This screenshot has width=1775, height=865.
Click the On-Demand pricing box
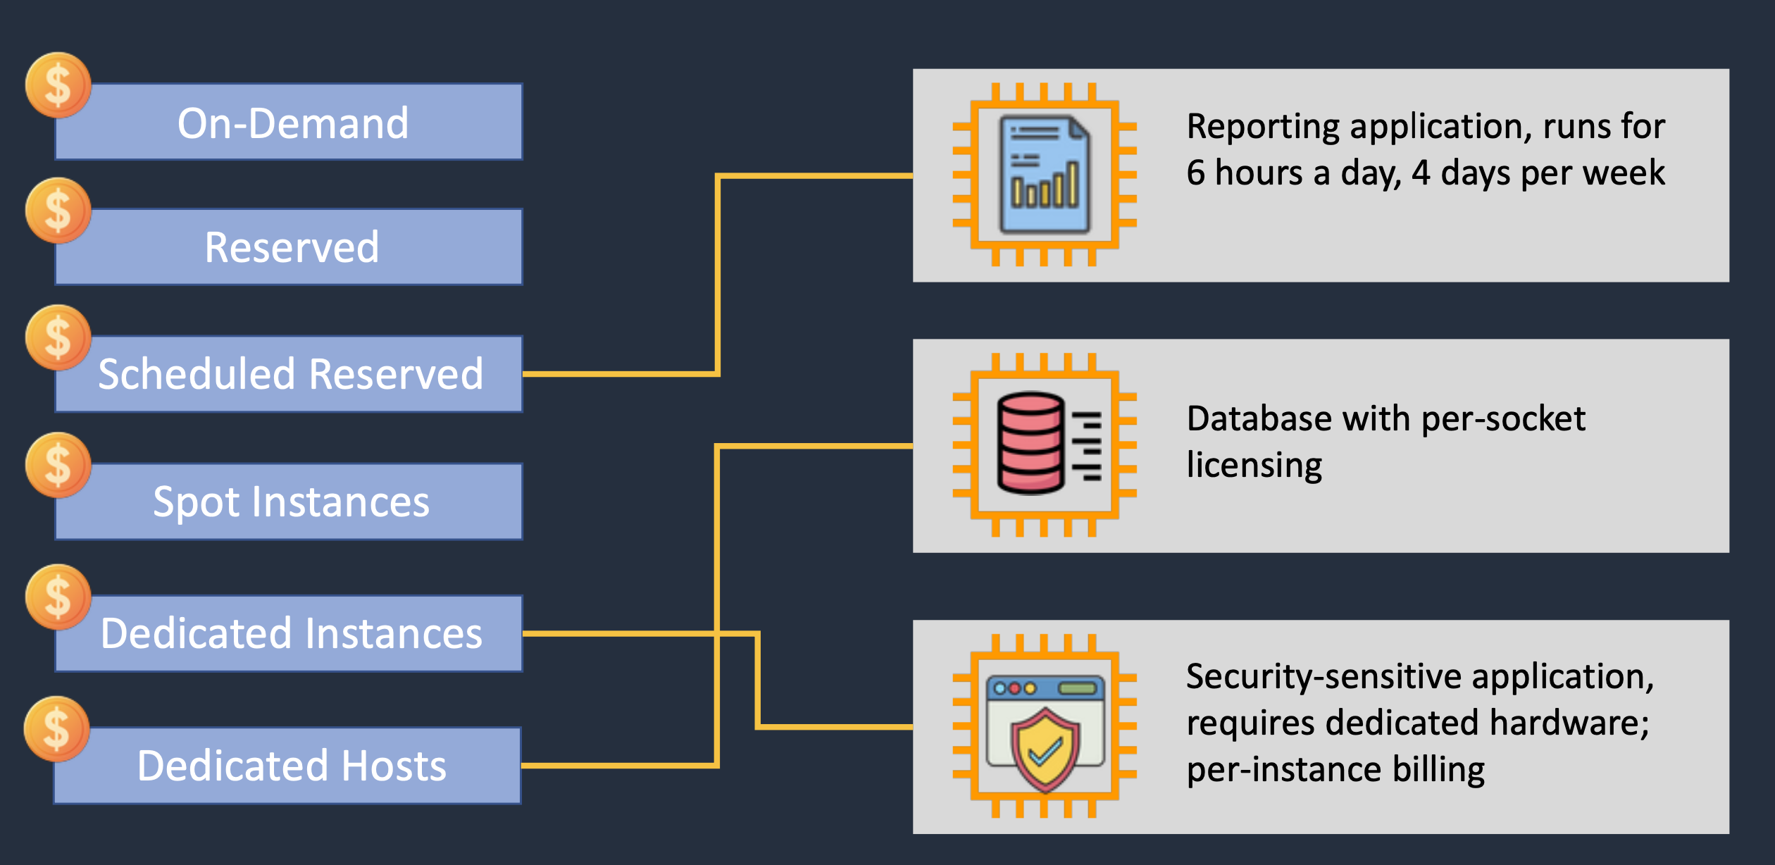pyautogui.click(x=289, y=122)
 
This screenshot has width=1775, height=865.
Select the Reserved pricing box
pyautogui.click(x=289, y=247)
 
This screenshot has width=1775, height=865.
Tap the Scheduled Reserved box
pyautogui.click(x=289, y=373)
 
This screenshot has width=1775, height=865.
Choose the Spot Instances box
pyautogui.click(x=289, y=501)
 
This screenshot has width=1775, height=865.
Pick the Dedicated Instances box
pyautogui.click(x=289, y=633)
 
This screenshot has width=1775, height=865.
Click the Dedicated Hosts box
pyautogui.click(x=289, y=765)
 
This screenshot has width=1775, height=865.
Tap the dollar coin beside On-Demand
pyautogui.click(x=58, y=85)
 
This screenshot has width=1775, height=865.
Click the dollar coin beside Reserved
pyautogui.click(x=58, y=211)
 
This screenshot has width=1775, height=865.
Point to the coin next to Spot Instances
pyautogui.click(x=58, y=465)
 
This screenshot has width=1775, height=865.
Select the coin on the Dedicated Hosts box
pyautogui.click(x=56, y=729)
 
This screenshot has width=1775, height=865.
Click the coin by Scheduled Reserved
pyautogui.click(x=58, y=337)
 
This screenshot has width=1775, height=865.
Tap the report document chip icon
pyautogui.click(x=1045, y=174)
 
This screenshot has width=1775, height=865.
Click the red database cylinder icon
pyautogui.click(x=1030, y=443)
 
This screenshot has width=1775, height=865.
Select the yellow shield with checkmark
pyautogui.click(x=1045, y=748)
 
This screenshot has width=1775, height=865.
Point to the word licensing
pyautogui.click(x=1254, y=466)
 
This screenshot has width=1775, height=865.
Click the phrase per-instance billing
pyautogui.click(x=1335, y=769)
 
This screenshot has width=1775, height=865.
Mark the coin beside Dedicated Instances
pyautogui.click(x=58, y=597)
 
